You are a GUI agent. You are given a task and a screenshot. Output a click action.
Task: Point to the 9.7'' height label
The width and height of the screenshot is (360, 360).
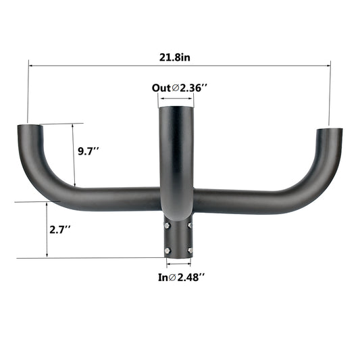(89, 151)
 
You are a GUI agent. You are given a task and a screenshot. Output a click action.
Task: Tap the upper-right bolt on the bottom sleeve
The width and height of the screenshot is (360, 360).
(190, 225)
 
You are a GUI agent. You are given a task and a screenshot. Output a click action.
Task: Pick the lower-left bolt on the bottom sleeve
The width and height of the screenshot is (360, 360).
(165, 251)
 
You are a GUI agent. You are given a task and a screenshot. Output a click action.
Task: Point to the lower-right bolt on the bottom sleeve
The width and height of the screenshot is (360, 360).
(190, 251)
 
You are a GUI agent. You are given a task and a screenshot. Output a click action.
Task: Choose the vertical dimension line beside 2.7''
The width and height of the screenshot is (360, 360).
(47, 230)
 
